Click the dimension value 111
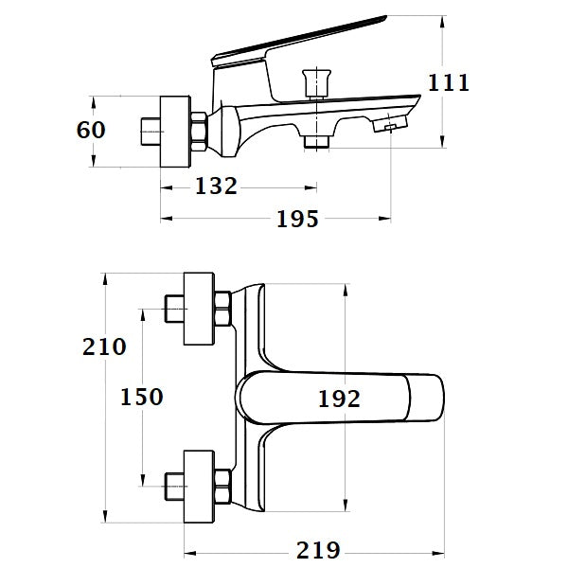[449, 82]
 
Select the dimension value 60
[91, 130]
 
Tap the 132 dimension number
[216, 186]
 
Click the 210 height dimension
[103, 346]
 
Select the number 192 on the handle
[339, 399]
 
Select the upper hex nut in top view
[223, 309]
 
